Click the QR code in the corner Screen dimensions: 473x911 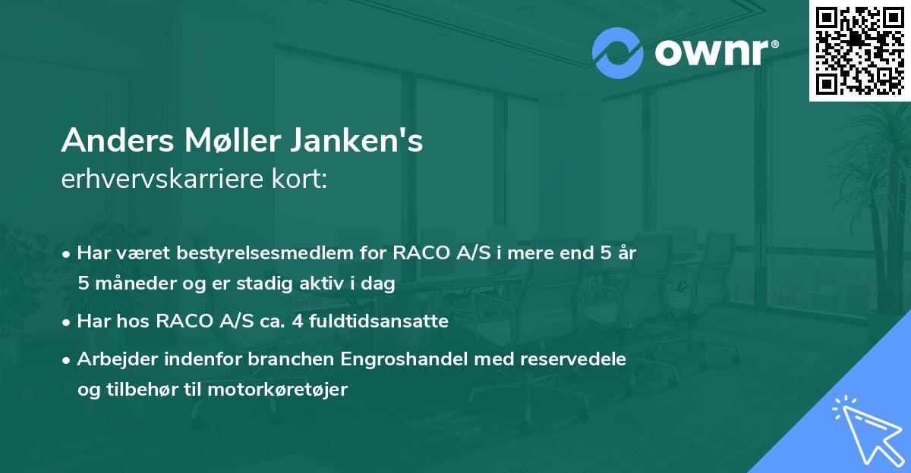coord(859,50)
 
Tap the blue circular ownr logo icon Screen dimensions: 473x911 coord(618,53)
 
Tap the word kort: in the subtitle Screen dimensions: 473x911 coord(303,180)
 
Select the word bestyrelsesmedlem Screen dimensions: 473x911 coord(276,253)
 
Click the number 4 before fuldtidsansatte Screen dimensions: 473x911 coord(292,321)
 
